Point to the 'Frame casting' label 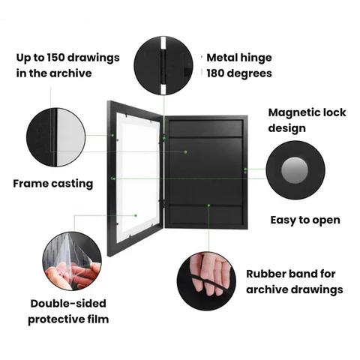pos(53,184)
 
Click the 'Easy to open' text pos(305,220)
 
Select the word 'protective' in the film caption pos(55,319)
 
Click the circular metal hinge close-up pos(163,65)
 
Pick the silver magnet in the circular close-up pos(295,170)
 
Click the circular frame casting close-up pos(56,137)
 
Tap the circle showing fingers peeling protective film pos(72,261)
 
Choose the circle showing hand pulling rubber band pos(206,281)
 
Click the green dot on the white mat pos(136,215)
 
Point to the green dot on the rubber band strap pos(208,205)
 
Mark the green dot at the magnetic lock pos(245,169)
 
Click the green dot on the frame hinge pos(164,138)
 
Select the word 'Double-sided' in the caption pos(68,304)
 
